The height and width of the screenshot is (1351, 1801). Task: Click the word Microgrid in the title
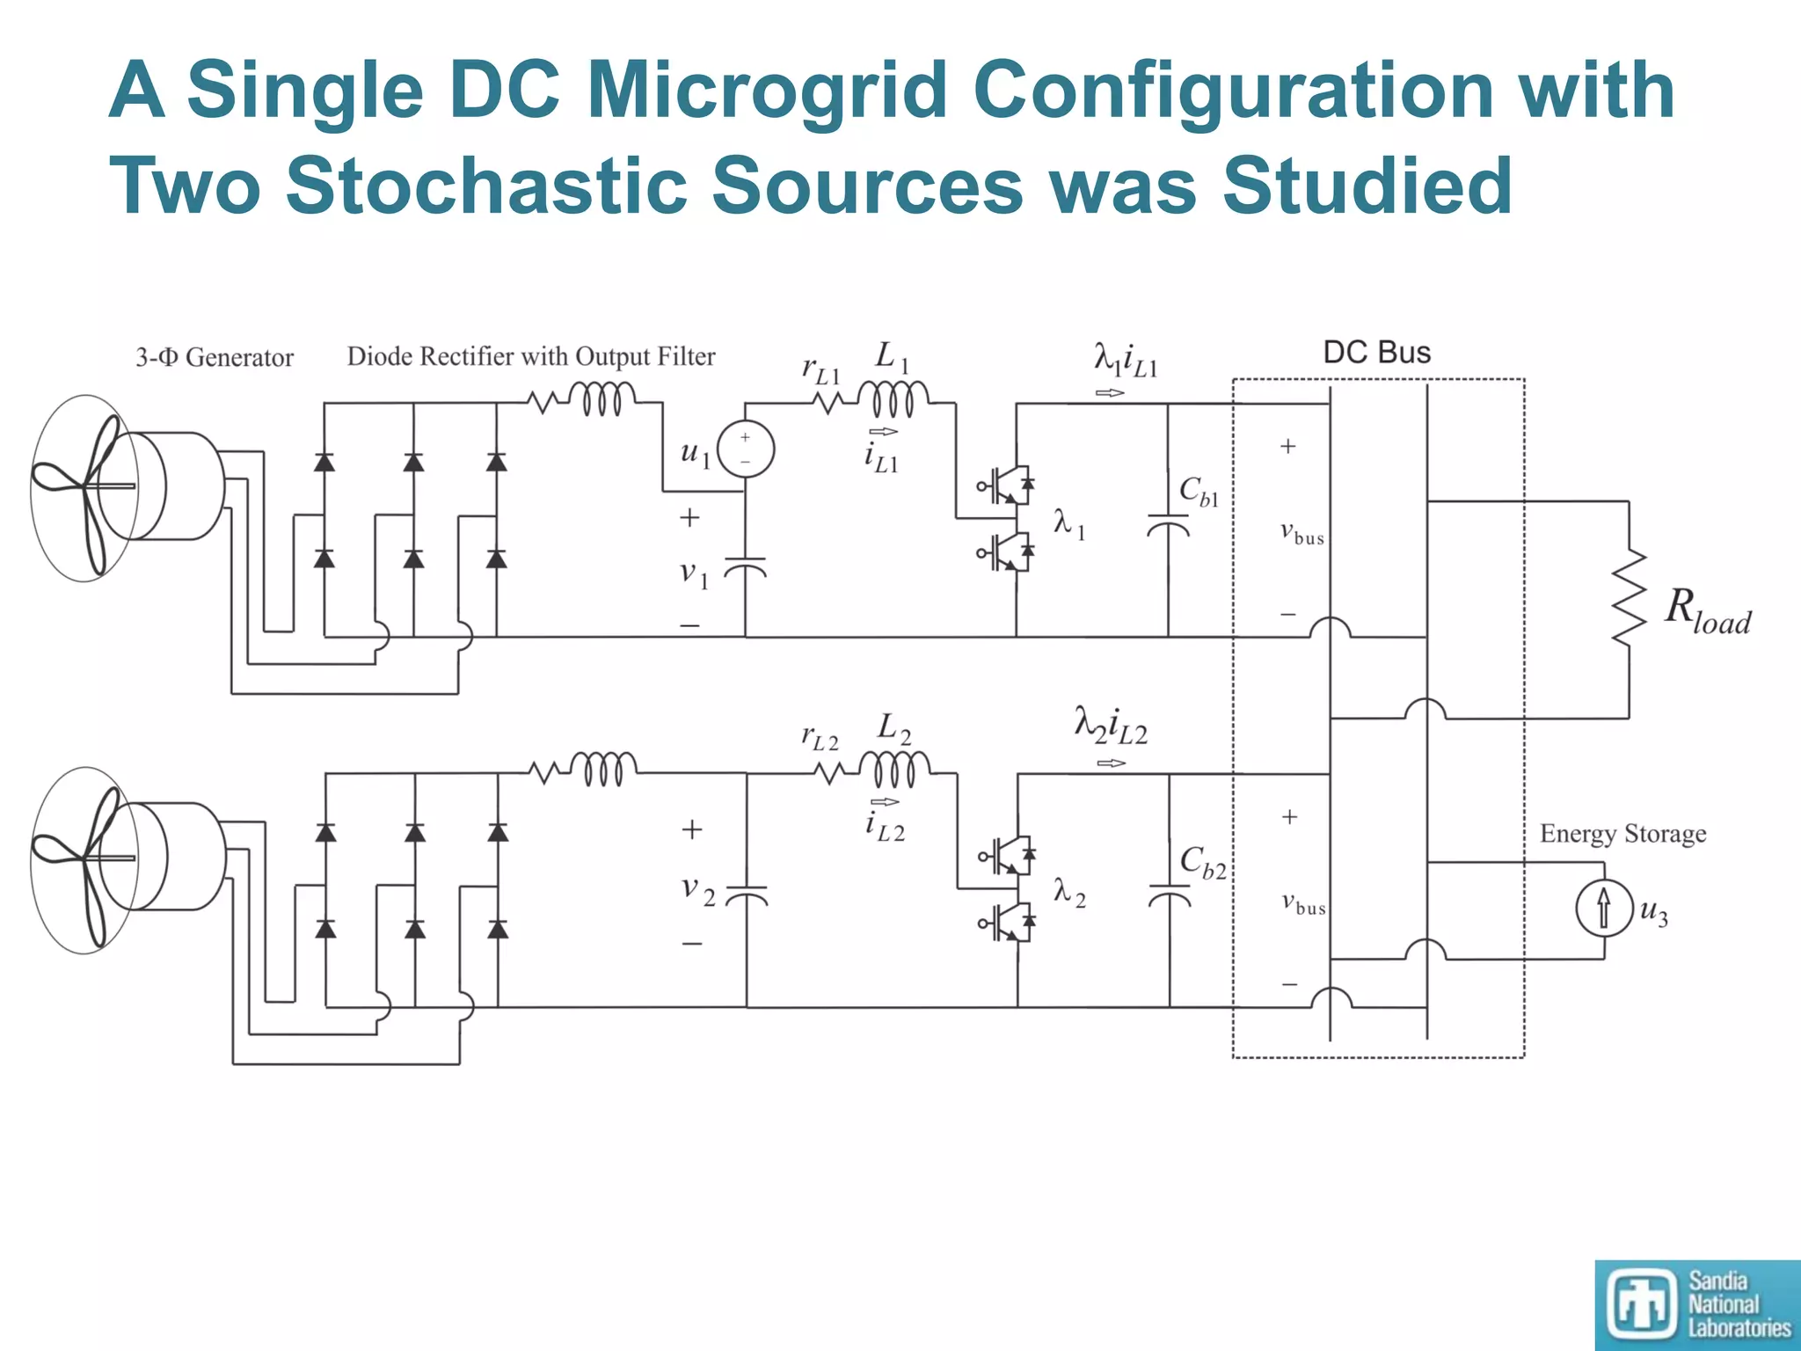click(x=766, y=91)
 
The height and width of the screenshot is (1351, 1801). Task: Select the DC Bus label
click(x=1377, y=353)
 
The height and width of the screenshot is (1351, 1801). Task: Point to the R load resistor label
click(x=1707, y=610)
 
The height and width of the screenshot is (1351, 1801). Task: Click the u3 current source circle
click(x=1604, y=909)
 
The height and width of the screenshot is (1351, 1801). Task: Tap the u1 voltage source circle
click(x=746, y=449)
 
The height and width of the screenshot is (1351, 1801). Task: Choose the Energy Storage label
click(x=1622, y=833)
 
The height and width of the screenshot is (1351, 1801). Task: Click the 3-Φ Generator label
click(x=215, y=357)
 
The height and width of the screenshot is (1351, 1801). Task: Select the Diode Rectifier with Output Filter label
click(x=531, y=356)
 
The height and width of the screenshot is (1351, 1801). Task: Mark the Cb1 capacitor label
click(x=1199, y=492)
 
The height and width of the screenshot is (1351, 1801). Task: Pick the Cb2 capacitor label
click(x=1202, y=862)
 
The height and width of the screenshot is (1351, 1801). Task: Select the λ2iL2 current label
click(x=1111, y=727)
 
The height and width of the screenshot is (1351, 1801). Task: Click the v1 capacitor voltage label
click(x=694, y=575)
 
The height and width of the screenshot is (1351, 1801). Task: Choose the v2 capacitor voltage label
click(x=698, y=889)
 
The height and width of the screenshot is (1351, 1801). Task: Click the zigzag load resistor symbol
click(x=1629, y=598)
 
